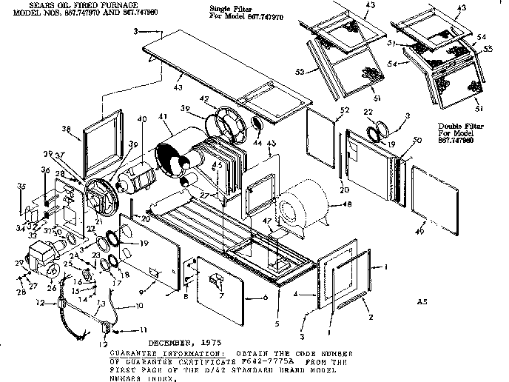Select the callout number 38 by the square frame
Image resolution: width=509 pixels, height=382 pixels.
[x=68, y=127]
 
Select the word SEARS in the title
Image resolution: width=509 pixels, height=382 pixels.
[x=28, y=4]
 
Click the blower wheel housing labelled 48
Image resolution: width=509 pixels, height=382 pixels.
[x=303, y=200]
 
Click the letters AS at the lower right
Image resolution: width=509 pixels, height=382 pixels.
[x=422, y=302]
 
